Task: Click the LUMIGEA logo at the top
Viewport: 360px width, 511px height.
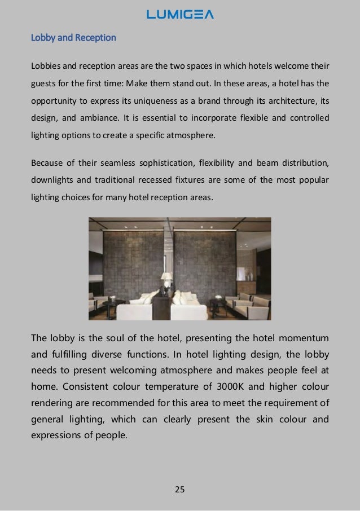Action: (180, 14)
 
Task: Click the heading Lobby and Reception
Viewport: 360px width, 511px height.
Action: (73, 38)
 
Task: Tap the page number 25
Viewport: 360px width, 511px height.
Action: (180, 488)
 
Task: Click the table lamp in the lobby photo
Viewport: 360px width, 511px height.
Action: (167, 279)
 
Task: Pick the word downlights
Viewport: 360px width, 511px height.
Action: (52, 181)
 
